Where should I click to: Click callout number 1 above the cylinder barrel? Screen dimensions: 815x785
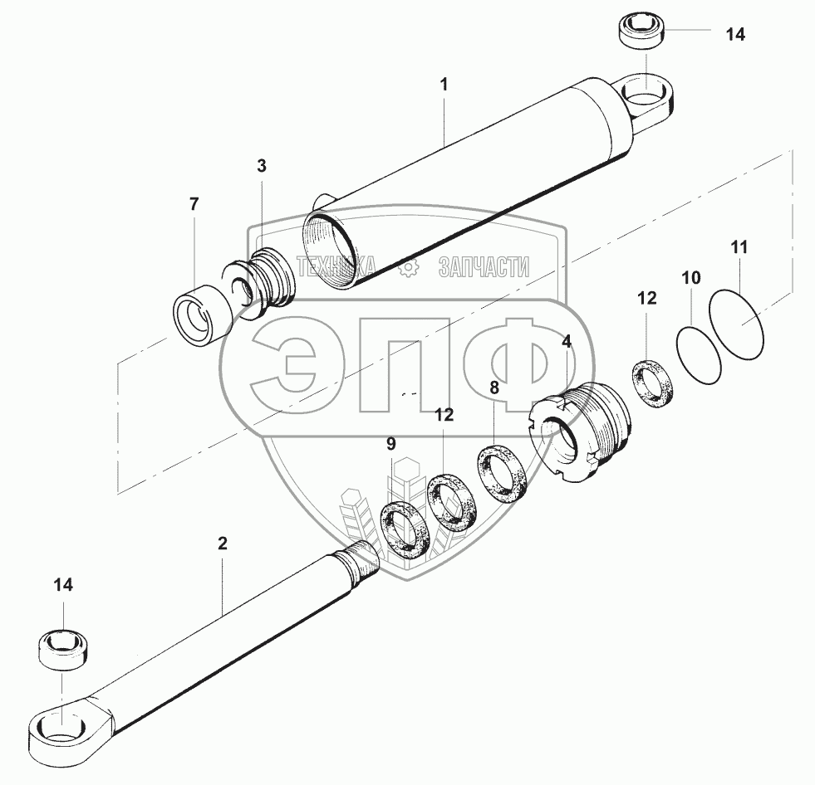tap(444, 84)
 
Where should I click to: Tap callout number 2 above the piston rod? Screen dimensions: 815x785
tap(223, 544)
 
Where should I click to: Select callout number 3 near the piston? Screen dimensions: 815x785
tap(262, 166)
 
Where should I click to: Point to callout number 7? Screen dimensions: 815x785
tap(194, 204)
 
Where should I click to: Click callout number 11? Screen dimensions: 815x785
tap(739, 247)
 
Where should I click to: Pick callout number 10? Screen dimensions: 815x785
tap(691, 278)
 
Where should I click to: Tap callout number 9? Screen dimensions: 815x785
tap(390, 444)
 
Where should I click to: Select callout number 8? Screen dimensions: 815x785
tap(493, 388)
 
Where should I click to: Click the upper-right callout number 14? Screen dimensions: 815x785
tap(735, 35)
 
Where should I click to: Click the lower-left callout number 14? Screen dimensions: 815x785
tap(63, 585)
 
